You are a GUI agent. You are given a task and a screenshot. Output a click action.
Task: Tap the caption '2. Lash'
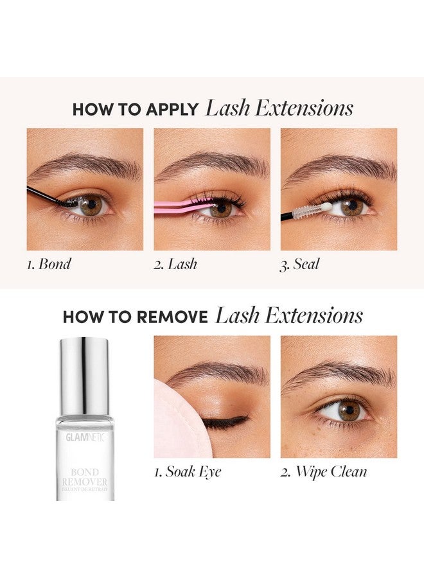pyautogui.click(x=175, y=265)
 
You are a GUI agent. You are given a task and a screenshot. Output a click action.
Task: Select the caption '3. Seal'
pyautogui.click(x=299, y=265)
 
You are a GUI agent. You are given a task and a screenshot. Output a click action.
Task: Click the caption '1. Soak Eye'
pyautogui.click(x=188, y=471)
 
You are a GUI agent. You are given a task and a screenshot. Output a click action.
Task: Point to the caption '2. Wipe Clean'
pyautogui.click(x=324, y=471)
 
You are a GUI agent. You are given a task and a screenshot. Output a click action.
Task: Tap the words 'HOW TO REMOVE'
pyautogui.click(x=135, y=317)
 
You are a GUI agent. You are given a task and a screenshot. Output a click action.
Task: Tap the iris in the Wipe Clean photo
pyautogui.click(x=349, y=410)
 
